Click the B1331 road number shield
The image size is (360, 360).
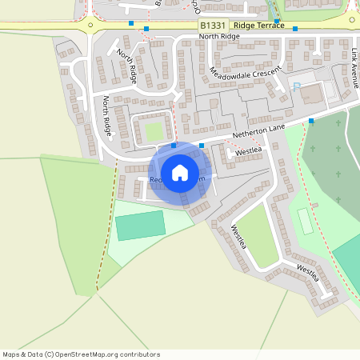pyautogui.click(x=213, y=26)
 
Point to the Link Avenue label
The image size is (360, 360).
pyautogui.click(x=354, y=67)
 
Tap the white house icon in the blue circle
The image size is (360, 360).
pyautogui.click(x=180, y=173)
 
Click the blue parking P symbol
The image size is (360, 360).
pyautogui.click(x=297, y=87)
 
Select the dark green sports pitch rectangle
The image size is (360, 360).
pyautogui.click(x=140, y=223)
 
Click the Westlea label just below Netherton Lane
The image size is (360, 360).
pyautogui.click(x=249, y=150)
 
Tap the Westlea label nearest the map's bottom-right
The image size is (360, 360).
pyautogui.click(x=308, y=272)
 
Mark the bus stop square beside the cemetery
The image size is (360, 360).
pyautogui.click(x=311, y=121)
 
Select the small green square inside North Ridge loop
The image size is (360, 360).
pyautogui.click(x=154, y=131)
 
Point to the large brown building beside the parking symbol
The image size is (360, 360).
pyautogui.click(x=313, y=94)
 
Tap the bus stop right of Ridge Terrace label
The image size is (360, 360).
pyautogui.click(x=295, y=29)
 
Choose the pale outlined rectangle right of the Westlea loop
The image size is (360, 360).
pyautogui.click(x=304, y=220)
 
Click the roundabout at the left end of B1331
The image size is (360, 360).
pyautogui.click(x=90, y=24)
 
